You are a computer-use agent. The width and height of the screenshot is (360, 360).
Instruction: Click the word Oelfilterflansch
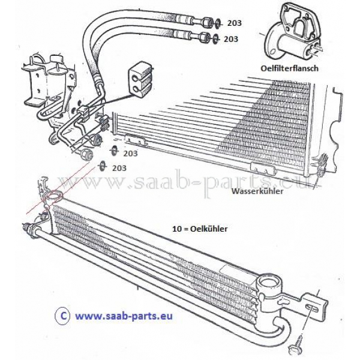[x=290, y=68]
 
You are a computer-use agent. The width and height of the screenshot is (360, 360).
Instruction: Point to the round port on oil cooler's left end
[x=53, y=196]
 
